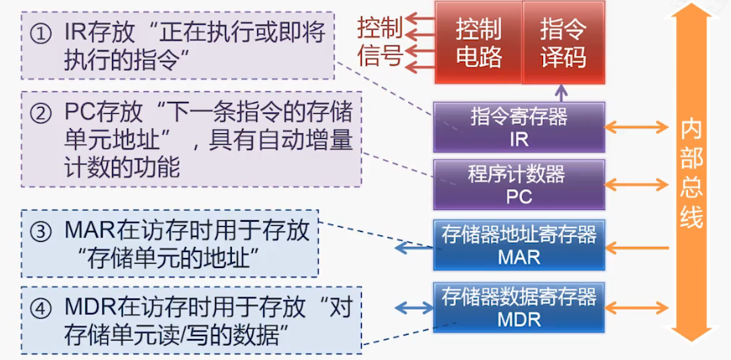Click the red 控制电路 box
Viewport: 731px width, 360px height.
click(x=478, y=42)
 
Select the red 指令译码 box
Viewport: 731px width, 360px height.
click(x=563, y=42)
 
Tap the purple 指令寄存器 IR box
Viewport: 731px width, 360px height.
click(x=519, y=127)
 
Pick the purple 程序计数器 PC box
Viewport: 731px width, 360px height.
click(x=519, y=185)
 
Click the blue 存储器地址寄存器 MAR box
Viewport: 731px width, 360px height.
click(x=519, y=244)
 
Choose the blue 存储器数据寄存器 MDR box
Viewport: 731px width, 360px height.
click(x=519, y=307)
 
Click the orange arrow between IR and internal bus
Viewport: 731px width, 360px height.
click(x=637, y=126)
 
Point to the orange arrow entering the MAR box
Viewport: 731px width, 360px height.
click(x=637, y=247)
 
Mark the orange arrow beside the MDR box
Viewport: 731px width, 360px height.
click(x=637, y=307)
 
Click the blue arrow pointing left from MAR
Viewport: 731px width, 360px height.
click(x=415, y=248)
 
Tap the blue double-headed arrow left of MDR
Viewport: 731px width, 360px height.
click(x=415, y=307)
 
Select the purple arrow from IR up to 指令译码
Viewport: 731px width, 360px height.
click(x=562, y=94)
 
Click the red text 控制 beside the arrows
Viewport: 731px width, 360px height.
click(x=380, y=29)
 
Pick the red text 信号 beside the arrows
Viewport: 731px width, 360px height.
click(x=380, y=56)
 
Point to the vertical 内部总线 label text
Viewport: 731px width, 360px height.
click(x=691, y=175)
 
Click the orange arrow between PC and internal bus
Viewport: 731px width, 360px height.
click(x=637, y=184)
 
